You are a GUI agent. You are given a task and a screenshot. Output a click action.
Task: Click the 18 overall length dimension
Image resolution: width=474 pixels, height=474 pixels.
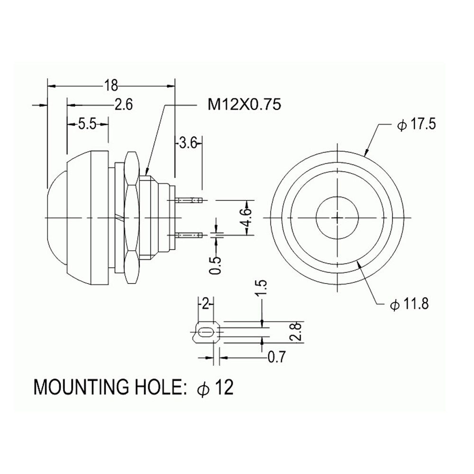click(x=111, y=85)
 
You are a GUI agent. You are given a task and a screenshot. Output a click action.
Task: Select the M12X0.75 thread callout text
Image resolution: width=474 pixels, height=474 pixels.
click(x=244, y=105)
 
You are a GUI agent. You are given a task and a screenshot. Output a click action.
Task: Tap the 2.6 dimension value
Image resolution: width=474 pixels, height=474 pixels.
click(x=124, y=105)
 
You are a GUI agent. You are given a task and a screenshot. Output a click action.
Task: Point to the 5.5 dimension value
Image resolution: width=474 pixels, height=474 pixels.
click(x=87, y=124)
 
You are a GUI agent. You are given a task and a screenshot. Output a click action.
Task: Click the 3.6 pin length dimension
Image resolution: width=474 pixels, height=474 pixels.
click(x=188, y=143)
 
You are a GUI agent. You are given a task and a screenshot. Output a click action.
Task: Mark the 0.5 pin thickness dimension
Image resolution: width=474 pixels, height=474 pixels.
click(x=215, y=265)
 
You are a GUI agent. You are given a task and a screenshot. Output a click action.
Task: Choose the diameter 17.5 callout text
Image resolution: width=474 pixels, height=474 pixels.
click(x=417, y=125)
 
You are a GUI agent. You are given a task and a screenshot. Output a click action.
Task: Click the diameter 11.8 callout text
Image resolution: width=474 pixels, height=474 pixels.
click(x=410, y=305)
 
